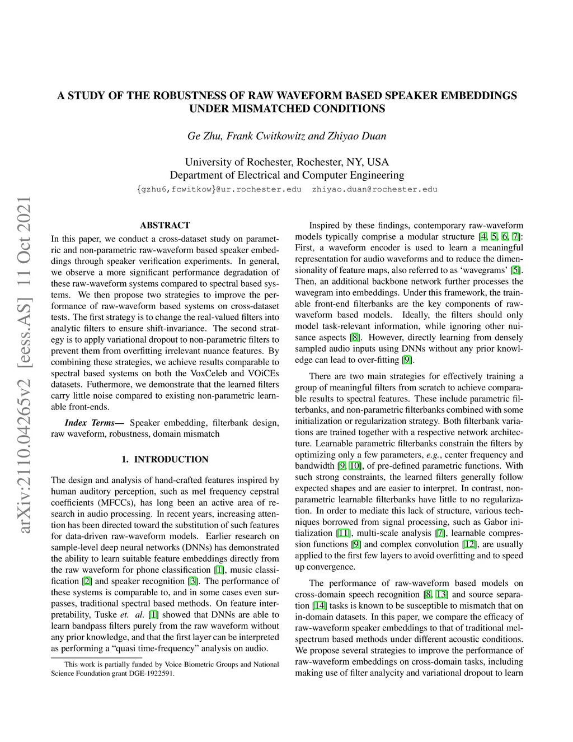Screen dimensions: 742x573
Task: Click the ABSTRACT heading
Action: (165, 225)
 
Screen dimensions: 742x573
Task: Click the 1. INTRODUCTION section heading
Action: (165, 459)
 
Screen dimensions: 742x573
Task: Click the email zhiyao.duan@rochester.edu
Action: (374, 189)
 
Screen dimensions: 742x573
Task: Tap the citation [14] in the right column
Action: (319, 605)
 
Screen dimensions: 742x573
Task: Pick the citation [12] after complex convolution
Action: (469, 544)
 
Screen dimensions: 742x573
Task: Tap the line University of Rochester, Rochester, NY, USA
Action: (286, 162)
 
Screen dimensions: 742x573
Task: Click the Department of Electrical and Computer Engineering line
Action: (286, 175)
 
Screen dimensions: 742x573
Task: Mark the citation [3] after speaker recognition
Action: (193, 581)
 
